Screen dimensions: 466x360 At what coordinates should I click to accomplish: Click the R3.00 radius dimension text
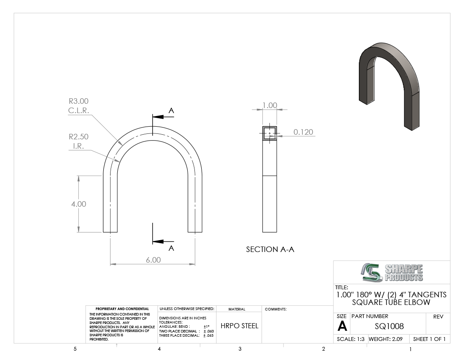[x=78, y=101]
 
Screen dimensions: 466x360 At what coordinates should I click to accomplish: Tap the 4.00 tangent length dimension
[x=78, y=204]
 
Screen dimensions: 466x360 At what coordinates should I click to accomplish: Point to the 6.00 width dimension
[x=153, y=260]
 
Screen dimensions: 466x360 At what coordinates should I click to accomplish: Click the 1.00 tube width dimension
[x=269, y=105]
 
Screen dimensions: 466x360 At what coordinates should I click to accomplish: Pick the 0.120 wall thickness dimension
[x=303, y=132]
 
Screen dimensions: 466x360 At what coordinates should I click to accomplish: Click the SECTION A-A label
[x=270, y=249]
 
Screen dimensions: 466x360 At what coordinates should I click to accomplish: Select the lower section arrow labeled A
[x=163, y=241]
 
